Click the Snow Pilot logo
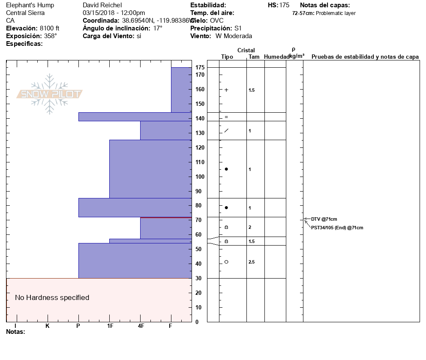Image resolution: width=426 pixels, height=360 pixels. tap(50, 94)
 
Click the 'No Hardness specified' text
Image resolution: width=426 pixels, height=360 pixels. tap(52, 297)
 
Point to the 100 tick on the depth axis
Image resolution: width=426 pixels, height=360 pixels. tap(200, 177)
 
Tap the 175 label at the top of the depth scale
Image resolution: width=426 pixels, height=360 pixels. tap(200, 68)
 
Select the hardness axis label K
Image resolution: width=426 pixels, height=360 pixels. tap(48, 326)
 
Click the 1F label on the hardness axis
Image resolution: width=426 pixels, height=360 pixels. tap(110, 326)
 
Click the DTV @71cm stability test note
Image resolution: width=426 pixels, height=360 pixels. tap(321, 219)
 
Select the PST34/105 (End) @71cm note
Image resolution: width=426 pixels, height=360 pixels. tap(337, 228)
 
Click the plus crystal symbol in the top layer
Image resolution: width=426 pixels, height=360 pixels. tap(226, 90)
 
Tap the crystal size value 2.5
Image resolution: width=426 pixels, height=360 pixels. tap(252, 262)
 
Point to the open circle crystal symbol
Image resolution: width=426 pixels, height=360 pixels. tap(226, 262)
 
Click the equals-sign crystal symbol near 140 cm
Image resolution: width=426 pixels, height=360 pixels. tap(226, 117)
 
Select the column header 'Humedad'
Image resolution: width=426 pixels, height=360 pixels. tap(276, 57)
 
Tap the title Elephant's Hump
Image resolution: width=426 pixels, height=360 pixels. tap(27, 5)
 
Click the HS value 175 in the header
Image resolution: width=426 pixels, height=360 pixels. tap(284, 5)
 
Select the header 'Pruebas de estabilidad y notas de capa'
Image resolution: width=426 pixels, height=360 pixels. tap(365, 57)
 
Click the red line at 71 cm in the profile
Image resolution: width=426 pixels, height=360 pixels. tap(166, 218)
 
